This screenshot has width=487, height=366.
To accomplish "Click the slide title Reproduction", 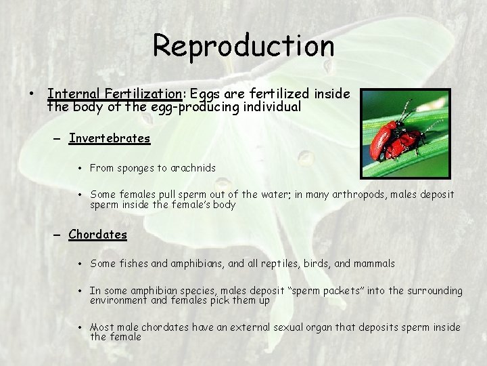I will pos(243,46).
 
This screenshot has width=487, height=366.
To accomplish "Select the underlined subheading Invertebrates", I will pos(109,138).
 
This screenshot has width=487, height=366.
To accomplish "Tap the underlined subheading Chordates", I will pos(97,235).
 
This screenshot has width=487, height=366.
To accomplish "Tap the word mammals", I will pos(374,263).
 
